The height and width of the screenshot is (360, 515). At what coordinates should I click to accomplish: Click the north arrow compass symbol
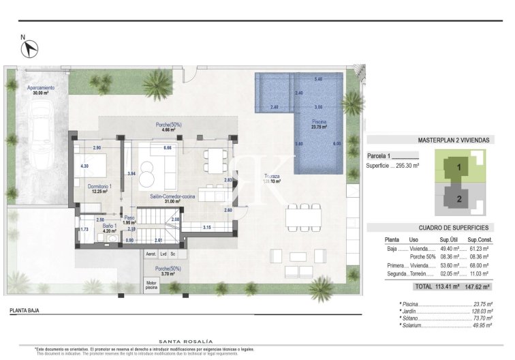(x=30, y=48)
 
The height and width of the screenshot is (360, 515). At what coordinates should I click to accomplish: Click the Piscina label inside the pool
(x=319, y=122)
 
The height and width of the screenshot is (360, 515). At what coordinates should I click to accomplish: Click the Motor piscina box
(x=151, y=285)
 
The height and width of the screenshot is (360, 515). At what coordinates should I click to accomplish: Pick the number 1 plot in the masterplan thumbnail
(x=459, y=166)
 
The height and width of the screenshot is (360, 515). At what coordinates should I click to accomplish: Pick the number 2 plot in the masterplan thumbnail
(x=459, y=199)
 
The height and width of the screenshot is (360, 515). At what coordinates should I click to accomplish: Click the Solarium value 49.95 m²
(x=482, y=326)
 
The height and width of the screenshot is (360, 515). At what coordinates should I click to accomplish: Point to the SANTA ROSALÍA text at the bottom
(x=185, y=341)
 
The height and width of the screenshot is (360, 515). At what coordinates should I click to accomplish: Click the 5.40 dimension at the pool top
(x=318, y=80)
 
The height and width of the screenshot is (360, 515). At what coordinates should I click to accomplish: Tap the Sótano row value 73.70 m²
(x=482, y=318)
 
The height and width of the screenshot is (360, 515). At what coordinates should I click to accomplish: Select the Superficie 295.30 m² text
(x=392, y=166)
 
